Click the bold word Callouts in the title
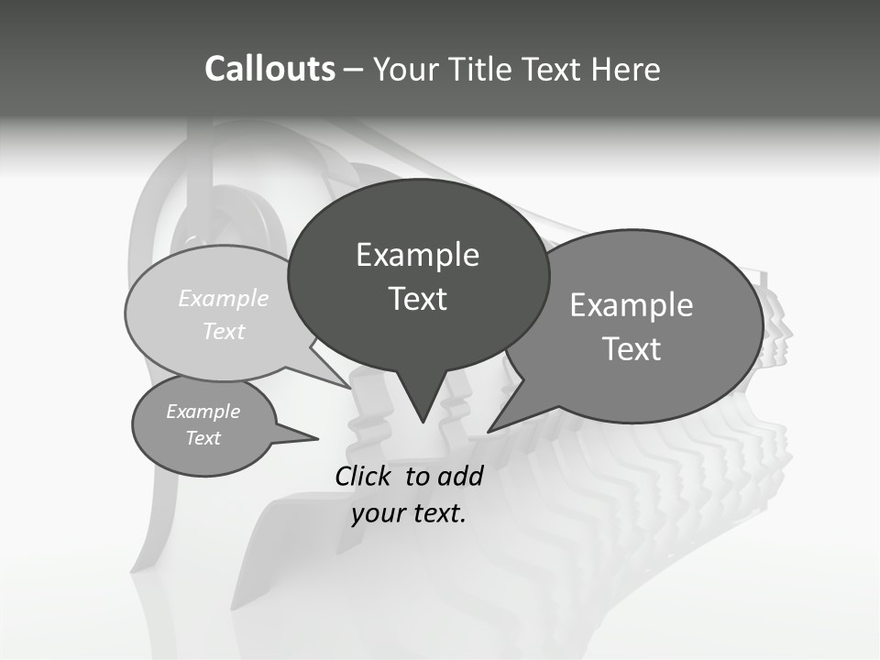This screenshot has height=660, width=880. coord(269,69)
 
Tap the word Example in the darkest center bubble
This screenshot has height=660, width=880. coord(417,255)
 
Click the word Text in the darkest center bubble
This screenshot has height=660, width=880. coord(417,299)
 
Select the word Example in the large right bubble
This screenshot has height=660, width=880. coord(632,305)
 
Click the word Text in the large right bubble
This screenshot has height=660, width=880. coord(632,349)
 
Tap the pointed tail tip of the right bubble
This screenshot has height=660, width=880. coord(489,430)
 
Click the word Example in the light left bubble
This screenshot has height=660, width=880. coord(224,298)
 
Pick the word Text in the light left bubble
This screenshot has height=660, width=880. coord(223,331)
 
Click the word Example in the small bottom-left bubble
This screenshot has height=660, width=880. coord(203,412)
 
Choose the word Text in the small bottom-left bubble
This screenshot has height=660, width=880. coord(203,438)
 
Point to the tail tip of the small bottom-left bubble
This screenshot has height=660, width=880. coord(317,438)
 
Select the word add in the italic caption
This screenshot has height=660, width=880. coord(459,476)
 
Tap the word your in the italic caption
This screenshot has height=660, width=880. coord(377,513)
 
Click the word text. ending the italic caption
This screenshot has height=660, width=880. coord(437,513)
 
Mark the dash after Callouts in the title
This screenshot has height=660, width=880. coord(354,69)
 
